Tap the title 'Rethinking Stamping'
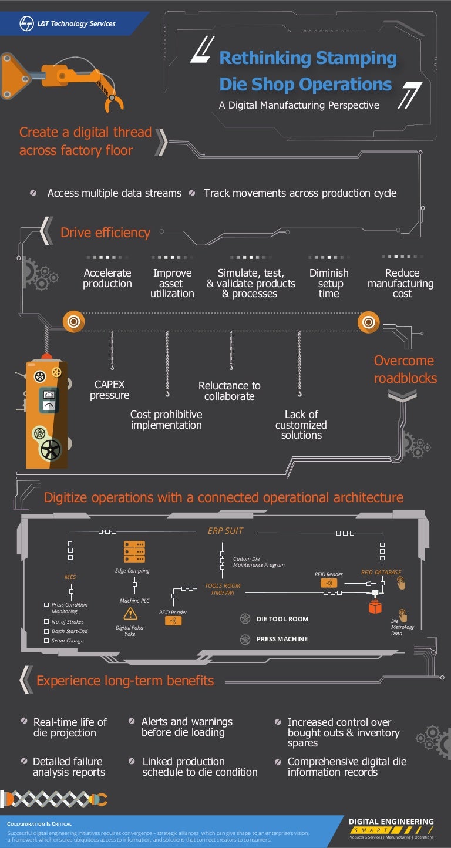pos(308,58)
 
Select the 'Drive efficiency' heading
pos(105,233)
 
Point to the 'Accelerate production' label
pos(107,278)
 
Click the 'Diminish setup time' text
pos(329,283)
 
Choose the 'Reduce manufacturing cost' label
pos(402,283)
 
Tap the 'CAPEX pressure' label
pos(109,390)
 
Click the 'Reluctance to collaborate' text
pos(229,391)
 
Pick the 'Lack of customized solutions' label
pos(301,425)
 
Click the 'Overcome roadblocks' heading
pos(405,369)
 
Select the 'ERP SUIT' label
pos(225,531)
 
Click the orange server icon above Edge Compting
pos(134,552)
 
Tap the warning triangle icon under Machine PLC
pos(130,614)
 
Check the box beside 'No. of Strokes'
pos(46,621)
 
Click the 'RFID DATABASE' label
pos(381,572)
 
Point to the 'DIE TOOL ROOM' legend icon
pos(245,619)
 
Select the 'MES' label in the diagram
pos(70,577)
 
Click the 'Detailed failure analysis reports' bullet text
pos(68,767)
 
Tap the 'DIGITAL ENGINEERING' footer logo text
pos(391,821)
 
